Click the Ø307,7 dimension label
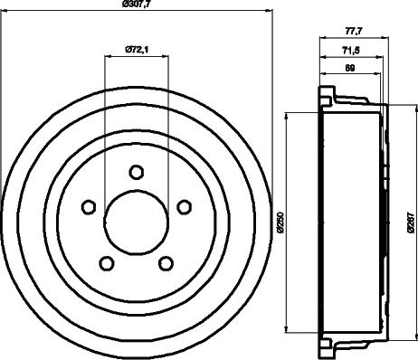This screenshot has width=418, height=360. (x=137, y=5)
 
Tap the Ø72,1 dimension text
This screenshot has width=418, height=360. (x=137, y=49)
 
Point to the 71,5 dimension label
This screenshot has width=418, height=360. (x=352, y=50)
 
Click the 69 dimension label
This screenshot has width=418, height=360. (x=350, y=68)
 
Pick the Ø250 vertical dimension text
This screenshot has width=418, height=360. (x=280, y=223)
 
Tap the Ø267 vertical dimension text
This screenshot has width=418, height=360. (x=411, y=223)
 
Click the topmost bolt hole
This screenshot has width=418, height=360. (x=137, y=172)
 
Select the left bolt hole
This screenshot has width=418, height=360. (x=89, y=207)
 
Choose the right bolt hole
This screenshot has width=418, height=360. (x=184, y=207)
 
